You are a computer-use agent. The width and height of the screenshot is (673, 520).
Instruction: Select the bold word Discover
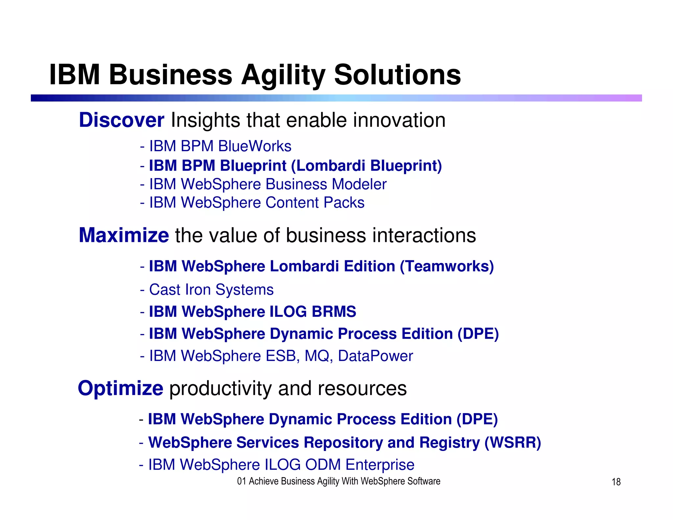pos(121,120)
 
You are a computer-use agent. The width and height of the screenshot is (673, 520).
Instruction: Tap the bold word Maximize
pos(124,235)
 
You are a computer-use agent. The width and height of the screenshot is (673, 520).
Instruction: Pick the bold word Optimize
pos(120,388)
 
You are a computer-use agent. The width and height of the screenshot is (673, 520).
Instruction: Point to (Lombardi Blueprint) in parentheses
pos(366,166)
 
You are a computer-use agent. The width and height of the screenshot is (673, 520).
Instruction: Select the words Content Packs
pos(315,202)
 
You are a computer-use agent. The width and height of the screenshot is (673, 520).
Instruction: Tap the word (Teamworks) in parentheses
pos(447,266)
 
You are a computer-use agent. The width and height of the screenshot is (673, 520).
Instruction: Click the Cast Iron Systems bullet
pos(211,290)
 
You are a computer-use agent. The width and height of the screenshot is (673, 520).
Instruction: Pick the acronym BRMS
pos(334,312)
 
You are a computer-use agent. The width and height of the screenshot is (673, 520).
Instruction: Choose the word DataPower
pos(375,356)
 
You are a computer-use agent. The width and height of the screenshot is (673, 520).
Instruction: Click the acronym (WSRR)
pos(513,442)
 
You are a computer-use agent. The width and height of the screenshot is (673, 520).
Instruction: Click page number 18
pos(616,482)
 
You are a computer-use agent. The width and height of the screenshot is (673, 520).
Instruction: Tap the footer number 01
pos(242,481)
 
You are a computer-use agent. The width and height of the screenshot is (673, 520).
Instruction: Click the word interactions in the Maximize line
pos(424,235)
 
